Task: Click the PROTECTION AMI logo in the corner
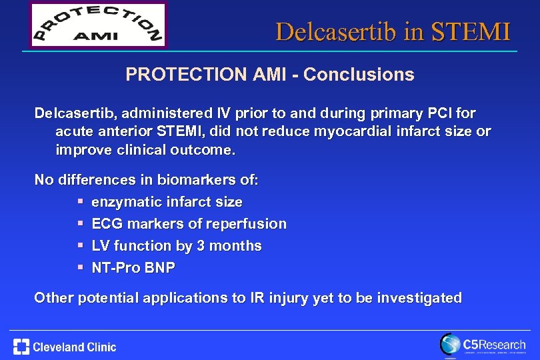[x=98, y=25]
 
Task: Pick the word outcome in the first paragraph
[x=203, y=149]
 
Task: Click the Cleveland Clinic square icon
[x=21, y=347]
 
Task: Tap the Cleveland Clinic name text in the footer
[x=75, y=347]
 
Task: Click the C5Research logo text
[x=493, y=344]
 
